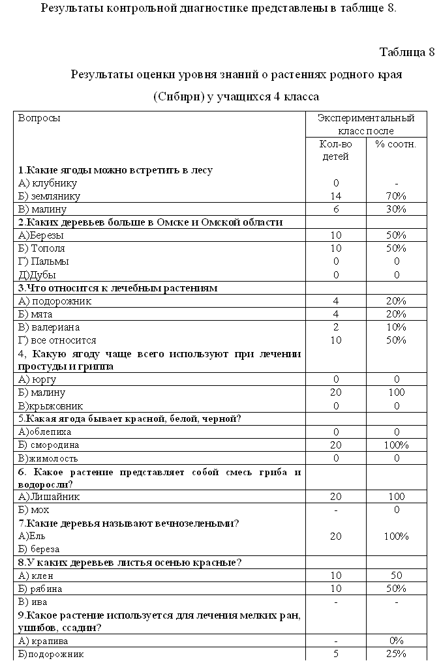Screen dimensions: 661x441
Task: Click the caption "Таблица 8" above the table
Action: click(x=406, y=53)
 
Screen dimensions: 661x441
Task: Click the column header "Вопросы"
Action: click(x=39, y=118)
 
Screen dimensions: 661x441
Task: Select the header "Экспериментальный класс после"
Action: click(x=365, y=125)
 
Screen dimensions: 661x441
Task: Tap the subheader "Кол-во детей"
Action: click(x=336, y=150)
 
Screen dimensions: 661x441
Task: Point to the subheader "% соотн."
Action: click(x=395, y=144)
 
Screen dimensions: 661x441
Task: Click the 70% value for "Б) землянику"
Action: click(x=395, y=196)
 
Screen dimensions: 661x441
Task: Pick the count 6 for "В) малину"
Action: click(x=336, y=209)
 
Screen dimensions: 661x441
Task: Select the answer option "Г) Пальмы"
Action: click(x=44, y=261)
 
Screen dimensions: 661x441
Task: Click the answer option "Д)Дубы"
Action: click(x=37, y=274)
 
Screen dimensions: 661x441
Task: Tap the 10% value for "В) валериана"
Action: click(x=395, y=327)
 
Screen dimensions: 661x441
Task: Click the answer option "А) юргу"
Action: click(x=37, y=379)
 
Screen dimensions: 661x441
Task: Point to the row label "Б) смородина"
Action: click(x=49, y=445)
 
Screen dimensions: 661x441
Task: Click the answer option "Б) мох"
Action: click(x=34, y=510)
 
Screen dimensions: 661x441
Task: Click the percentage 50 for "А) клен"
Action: click(x=395, y=576)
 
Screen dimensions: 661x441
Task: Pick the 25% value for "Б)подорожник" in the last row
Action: click(x=395, y=654)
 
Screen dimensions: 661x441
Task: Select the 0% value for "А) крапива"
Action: click(x=395, y=641)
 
